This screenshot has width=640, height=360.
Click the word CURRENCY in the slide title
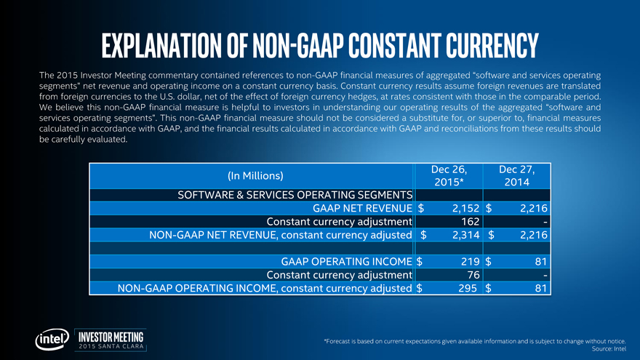click(x=481, y=46)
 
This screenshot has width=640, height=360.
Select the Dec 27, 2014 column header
click(x=518, y=175)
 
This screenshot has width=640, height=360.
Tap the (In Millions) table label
click(x=255, y=175)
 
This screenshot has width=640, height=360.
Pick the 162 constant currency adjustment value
click(x=464, y=221)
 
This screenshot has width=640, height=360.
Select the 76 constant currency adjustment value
click(x=468, y=275)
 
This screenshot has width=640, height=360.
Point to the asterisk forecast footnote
click(x=475, y=340)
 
